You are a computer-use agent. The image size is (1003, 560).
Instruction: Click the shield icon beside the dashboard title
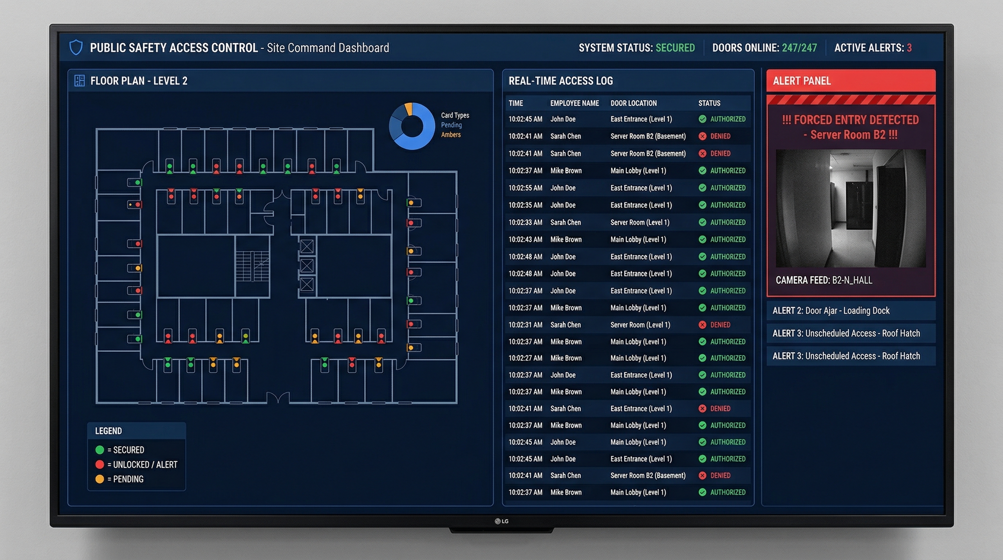(76, 47)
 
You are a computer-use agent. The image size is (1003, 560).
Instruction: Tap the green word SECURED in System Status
(675, 48)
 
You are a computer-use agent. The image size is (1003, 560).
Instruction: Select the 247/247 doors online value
(799, 48)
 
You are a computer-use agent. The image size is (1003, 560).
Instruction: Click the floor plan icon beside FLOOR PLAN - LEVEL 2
(79, 81)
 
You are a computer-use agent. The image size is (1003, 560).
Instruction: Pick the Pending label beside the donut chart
(451, 125)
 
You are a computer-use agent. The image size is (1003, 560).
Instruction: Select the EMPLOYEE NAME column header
(574, 103)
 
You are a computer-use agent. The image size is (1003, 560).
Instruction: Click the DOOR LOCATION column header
(633, 103)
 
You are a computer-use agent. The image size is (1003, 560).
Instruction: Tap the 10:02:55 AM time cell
(525, 188)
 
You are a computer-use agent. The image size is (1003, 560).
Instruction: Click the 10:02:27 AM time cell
(525, 358)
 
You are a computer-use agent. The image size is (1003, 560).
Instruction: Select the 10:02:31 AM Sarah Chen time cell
(525, 325)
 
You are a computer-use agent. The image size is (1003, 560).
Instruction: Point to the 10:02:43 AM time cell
(525, 240)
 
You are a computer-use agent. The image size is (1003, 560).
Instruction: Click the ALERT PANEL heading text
(801, 81)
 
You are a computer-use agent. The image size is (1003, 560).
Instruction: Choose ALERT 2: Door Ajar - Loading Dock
(831, 310)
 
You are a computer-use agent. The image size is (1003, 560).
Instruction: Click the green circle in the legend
(99, 450)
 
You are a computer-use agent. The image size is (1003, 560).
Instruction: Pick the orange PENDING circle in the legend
(99, 479)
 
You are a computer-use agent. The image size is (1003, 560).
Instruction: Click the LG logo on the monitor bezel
(501, 521)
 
